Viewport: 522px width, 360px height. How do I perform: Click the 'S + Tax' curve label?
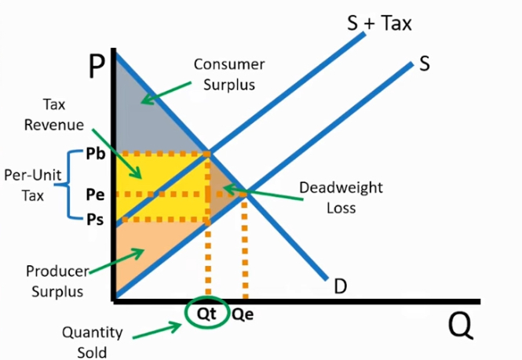point(379,23)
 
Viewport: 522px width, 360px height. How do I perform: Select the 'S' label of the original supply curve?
point(424,64)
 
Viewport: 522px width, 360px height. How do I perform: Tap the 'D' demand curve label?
point(340,286)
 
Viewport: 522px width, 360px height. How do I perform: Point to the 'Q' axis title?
point(461,325)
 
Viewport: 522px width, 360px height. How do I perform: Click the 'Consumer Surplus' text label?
point(229,74)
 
